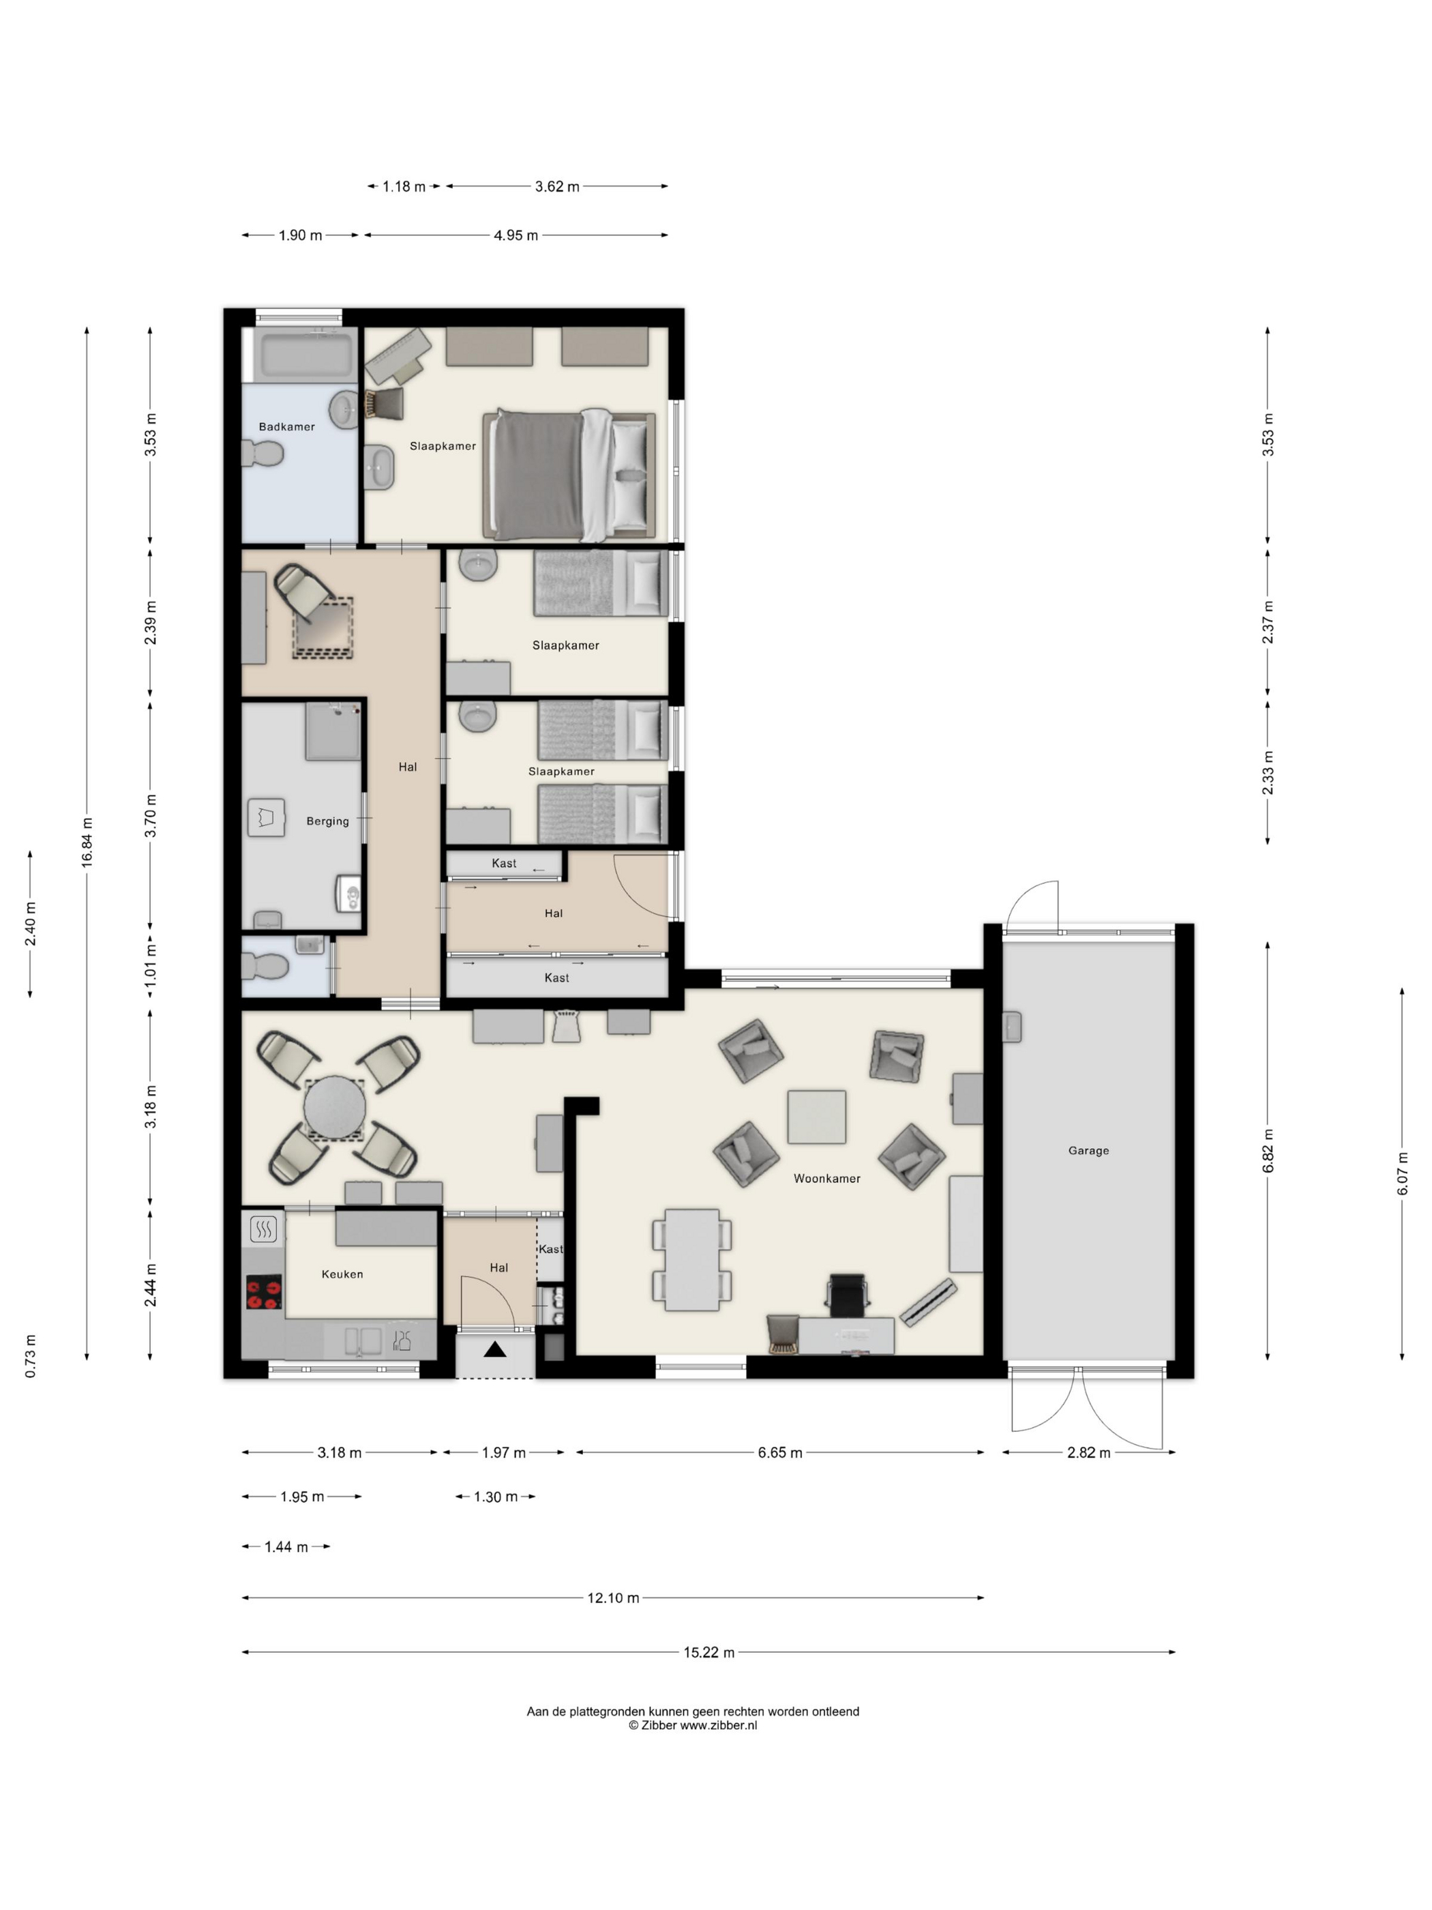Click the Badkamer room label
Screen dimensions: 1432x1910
[286, 426]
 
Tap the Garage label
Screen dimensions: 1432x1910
[1088, 1150]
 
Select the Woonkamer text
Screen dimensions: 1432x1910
[827, 1178]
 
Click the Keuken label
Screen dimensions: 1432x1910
[342, 1274]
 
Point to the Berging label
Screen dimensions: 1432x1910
[328, 821]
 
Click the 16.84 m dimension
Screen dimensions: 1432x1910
[87, 842]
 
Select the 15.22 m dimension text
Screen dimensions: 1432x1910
[708, 1652]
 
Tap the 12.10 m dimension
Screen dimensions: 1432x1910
[613, 1598]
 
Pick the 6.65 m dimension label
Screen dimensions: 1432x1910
[780, 1452]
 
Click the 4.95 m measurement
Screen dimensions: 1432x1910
[516, 235]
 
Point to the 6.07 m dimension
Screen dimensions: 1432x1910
[1403, 1175]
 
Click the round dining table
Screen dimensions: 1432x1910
[335, 1108]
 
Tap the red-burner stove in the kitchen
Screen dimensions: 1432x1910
[264, 1293]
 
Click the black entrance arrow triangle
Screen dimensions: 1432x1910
[494, 1349]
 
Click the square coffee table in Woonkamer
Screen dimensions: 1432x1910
[816, 1117]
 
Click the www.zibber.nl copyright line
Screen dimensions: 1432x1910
[692, 1725]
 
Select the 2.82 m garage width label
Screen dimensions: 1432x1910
[1088, 1452]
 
